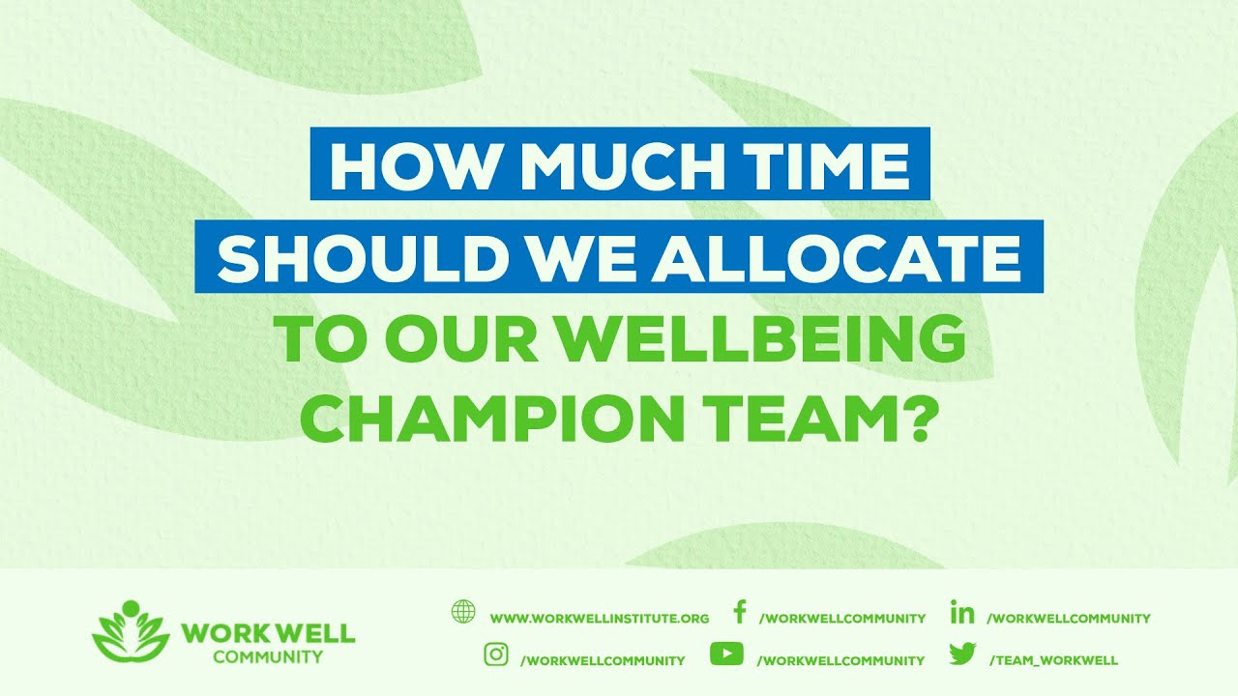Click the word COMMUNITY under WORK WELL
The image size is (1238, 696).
[268, 657]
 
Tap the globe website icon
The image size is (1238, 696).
[463, 612]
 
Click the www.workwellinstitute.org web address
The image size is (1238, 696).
[600, 618]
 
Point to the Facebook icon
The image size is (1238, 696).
[740, 612]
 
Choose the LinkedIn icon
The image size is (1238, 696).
[962, 612]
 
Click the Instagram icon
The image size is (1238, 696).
[496, 654]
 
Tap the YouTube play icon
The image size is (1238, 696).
[726, 654]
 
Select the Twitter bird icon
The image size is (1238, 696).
[962, 654]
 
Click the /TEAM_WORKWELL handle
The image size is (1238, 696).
[1053, 660]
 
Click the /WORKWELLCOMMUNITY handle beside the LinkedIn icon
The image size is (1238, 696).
[1069, 618]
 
